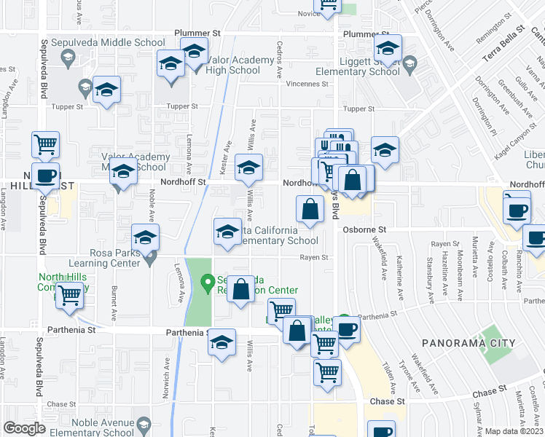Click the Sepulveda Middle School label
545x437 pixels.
point(103,43)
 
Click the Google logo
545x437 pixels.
point(24,428)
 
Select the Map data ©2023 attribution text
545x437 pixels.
point(514,431)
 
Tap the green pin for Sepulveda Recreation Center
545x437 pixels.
point(207,280)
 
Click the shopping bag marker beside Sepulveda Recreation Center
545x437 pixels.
point(241,289)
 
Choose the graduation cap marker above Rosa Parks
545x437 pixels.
point(145,237)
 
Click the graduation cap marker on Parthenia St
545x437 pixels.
point(222,342)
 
